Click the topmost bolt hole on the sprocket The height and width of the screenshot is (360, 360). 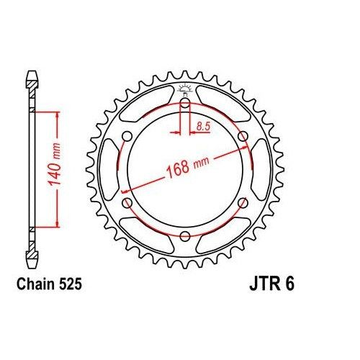pyautogui.click(x=185, y=104)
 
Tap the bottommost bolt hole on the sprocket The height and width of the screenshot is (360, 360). pyautogui.click(x=185, y=236)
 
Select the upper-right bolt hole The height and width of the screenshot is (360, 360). pyautogui.click(x=243, y=137)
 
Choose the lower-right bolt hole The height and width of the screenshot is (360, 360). pyautogui.click(x=243, y=204)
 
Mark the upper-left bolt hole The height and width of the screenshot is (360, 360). pyautogui.click(x=127, y=137)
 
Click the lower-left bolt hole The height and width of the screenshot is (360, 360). pyautogui.click(x=127, y=204)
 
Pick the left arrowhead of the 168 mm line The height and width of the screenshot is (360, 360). pyautogui.click(x=125, y=191)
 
